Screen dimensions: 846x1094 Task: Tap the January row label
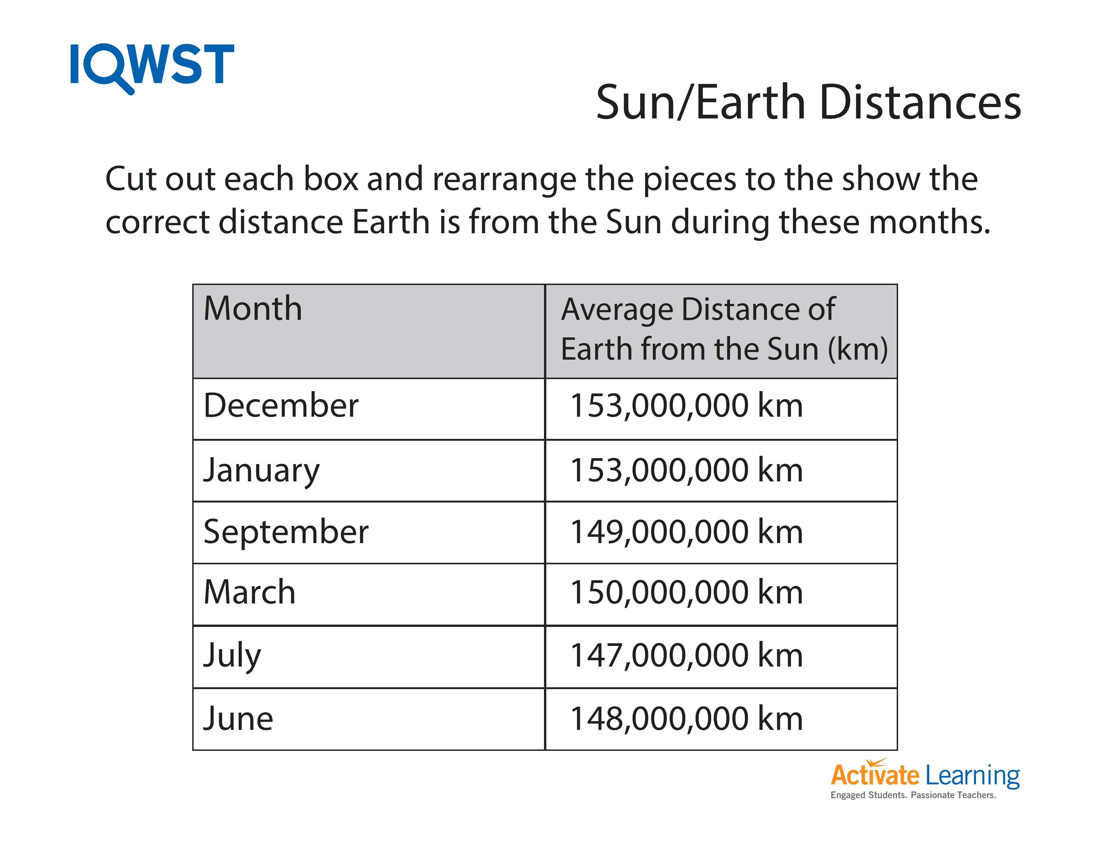[261, 471]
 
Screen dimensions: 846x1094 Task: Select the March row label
[249, 593]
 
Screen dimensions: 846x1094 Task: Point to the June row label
[238, 719]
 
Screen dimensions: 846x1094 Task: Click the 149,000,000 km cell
[686, 532]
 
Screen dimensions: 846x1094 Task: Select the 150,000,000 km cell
[686, 593]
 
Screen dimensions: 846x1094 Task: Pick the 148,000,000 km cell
[686, 719]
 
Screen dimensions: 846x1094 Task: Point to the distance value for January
[686, 471]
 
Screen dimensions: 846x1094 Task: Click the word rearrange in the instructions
[504, 179]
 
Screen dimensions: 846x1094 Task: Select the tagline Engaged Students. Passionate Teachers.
[913, 795]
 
